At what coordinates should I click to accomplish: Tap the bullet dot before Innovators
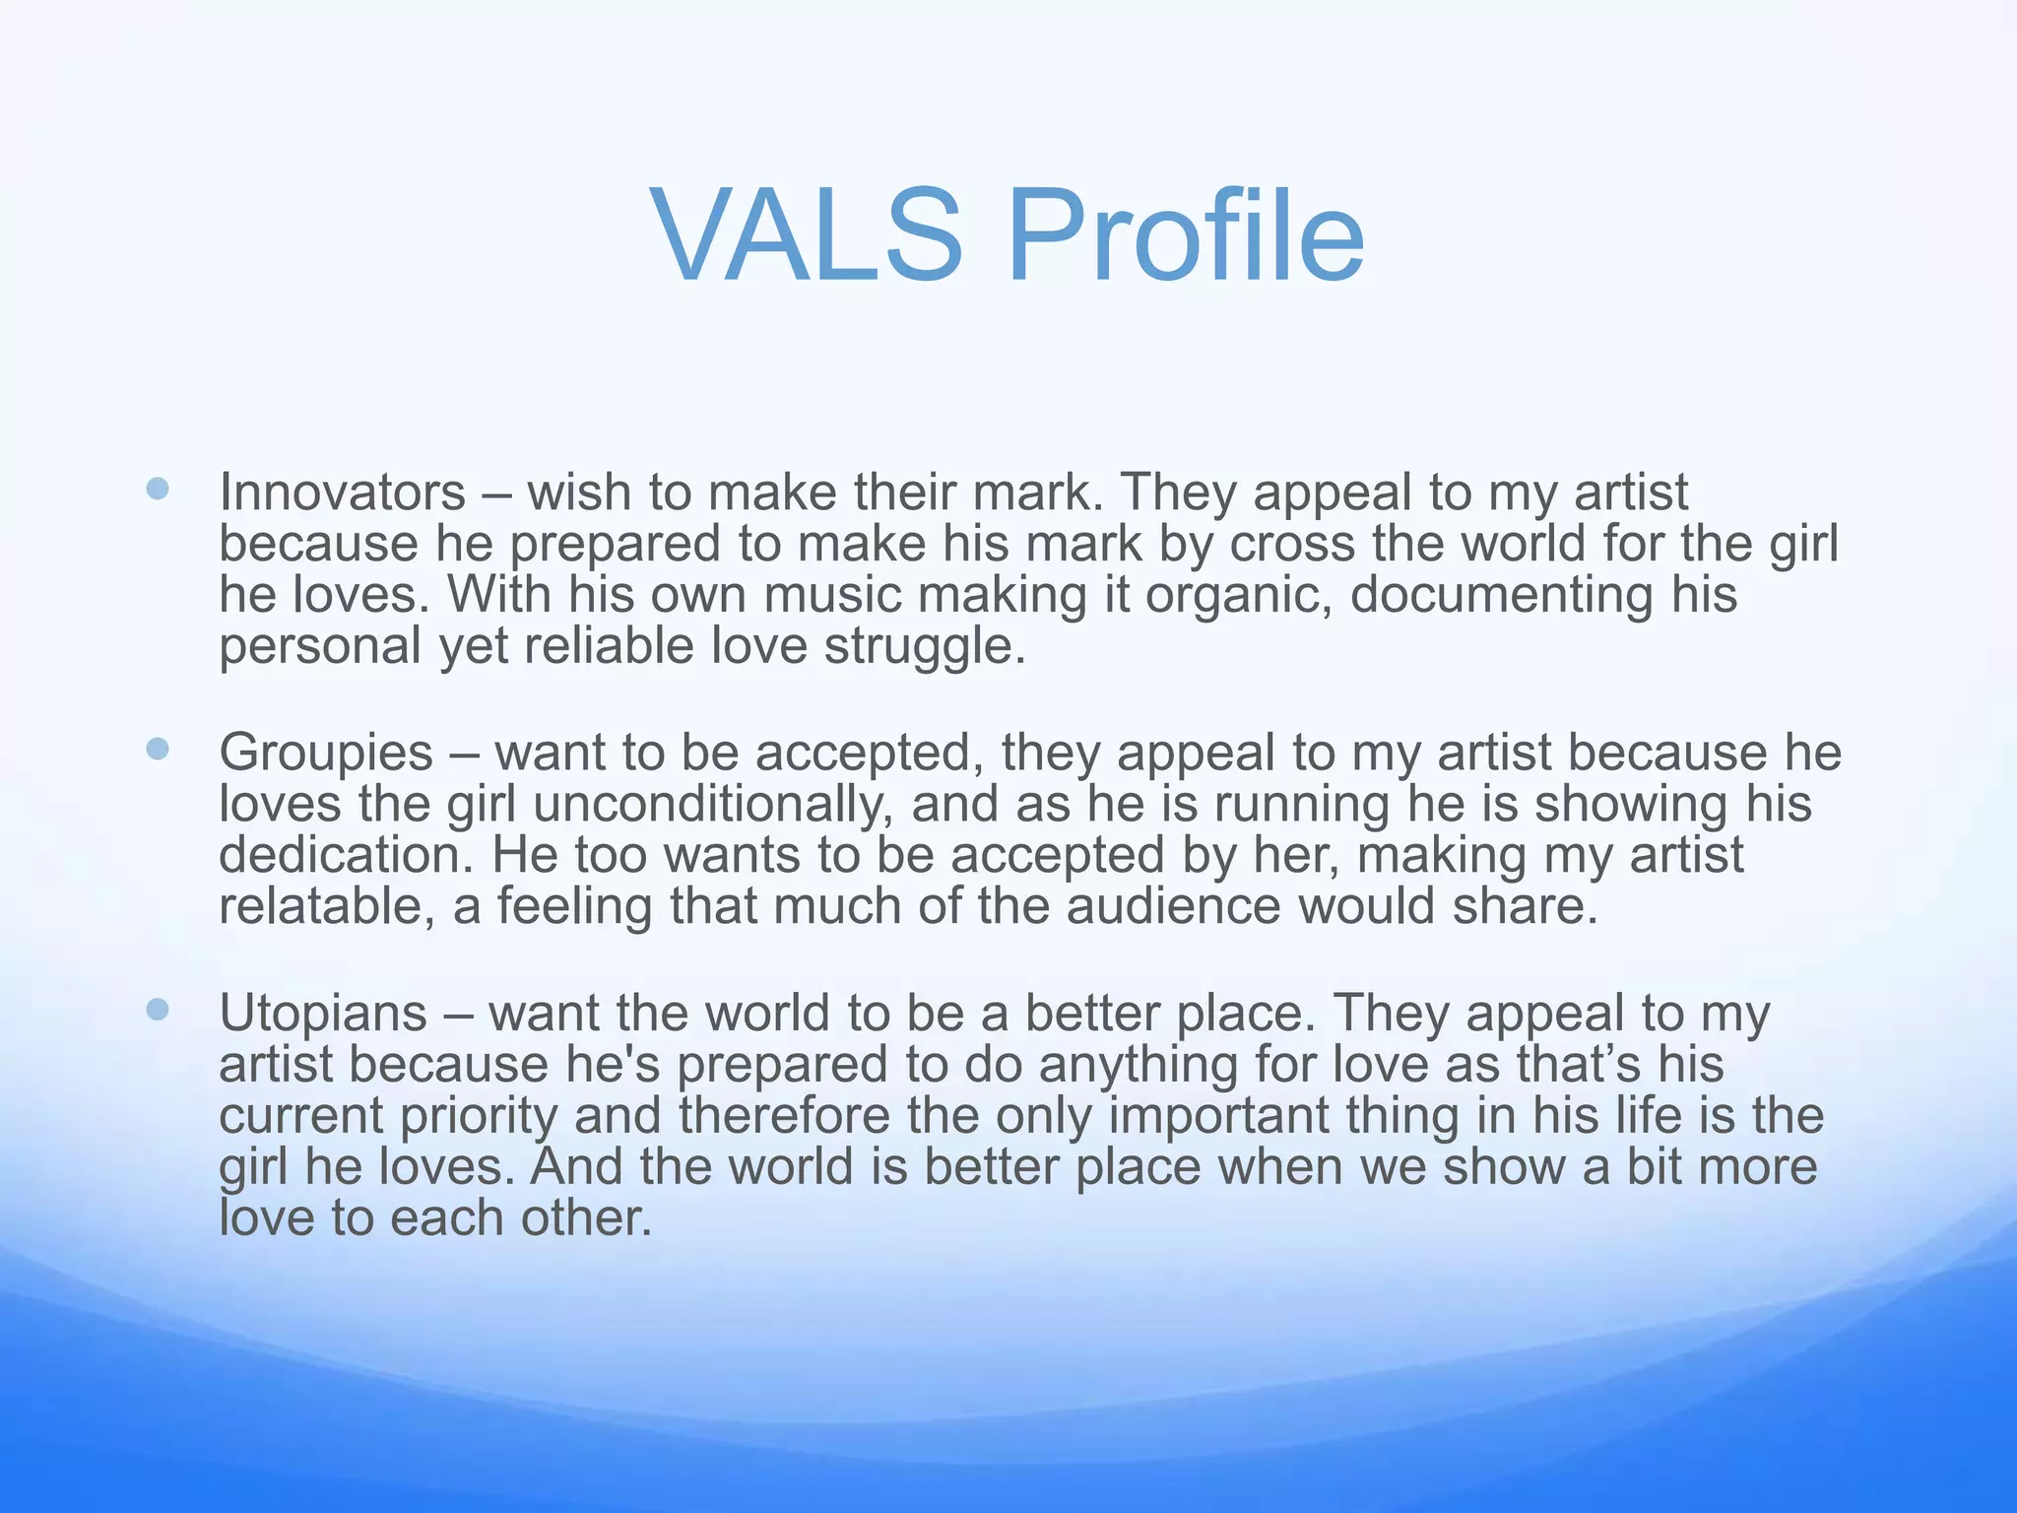[x=158, y=489]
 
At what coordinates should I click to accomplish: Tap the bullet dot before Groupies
[x=158, y=750]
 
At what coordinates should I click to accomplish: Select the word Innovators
[x=342, y=492]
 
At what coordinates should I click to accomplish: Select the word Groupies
[x=325, y=753]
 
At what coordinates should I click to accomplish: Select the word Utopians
[x=322, y=1013]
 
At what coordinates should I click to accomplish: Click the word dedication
[x=346, y=855]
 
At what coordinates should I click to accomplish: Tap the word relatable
[x=326, y=906]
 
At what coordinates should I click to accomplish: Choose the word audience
[x=1173, y=906]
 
